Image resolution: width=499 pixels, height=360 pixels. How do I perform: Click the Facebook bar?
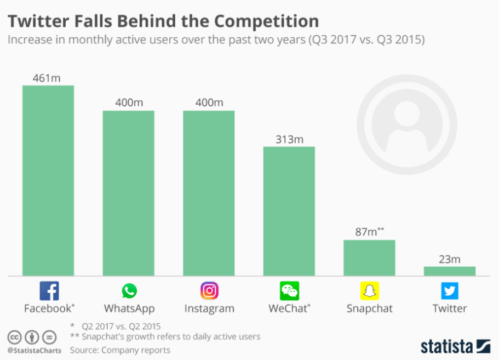[x=48, y=180]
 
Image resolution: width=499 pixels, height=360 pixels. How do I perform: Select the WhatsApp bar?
[x=129, y=193]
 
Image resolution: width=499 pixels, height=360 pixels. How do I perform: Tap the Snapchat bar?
[x=369, y=258]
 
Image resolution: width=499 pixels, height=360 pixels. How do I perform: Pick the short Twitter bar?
[x=450, y=271]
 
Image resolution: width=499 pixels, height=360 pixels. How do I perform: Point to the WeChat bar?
[x=289, y=211]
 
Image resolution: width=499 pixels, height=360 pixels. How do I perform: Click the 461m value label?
[x=47, y=78]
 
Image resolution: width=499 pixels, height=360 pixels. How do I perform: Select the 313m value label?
[x=289, y=139]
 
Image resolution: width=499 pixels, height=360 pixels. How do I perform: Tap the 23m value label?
[x=450, y=259]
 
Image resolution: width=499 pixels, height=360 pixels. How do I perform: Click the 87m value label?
[x=366, y=232]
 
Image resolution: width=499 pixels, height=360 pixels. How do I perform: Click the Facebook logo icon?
[x=49, y=290]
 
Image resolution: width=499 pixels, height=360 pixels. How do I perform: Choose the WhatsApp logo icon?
[x=129, y=290]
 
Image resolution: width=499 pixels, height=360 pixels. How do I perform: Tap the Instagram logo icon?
[x=209, y=290]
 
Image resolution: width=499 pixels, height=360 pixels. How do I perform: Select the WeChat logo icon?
[x=289, y=290]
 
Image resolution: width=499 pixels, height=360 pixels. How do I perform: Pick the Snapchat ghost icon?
[x=369, y=290]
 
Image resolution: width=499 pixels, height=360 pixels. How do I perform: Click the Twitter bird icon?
[x=450, y=290]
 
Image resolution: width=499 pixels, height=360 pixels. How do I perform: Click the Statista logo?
[x=455, y=346]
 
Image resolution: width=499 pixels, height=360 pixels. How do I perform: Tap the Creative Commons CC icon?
[x=14, y=336]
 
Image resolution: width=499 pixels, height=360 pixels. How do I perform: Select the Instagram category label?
[x=209, y=308]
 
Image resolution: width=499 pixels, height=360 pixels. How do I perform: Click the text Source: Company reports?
[x=120, y=350]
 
